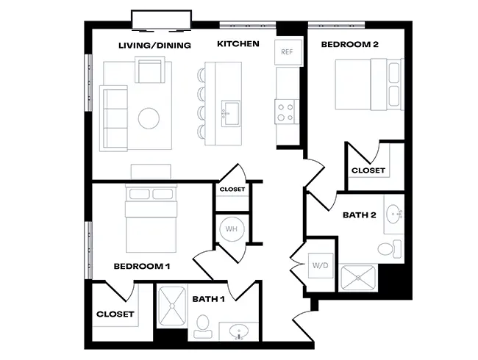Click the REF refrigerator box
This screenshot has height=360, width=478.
click(x=288, y=52)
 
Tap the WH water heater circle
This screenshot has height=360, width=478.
click(x=232, y=229)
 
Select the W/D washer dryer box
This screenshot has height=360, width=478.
click(x=321, y=265)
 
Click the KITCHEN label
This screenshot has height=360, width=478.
click(x=238, y=44)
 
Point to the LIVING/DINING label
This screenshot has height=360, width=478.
click(x=155, y=46)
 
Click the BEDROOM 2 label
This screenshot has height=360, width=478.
click(x=349, y=45)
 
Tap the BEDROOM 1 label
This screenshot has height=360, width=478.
click(x=142, y=267)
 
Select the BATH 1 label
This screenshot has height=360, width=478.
click(x=209, y=299)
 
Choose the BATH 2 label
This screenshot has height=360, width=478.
click(x=360, y=215)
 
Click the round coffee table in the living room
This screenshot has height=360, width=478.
click(x=149, y=118)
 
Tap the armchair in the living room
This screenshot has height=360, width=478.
click(x=150, y=70)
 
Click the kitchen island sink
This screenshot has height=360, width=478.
click(x=230, y=113)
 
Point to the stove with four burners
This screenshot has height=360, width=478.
click(x=286, y=112)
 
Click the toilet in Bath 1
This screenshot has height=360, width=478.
click(x=202, y=326)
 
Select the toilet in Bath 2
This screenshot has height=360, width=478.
click(x=389, y=249)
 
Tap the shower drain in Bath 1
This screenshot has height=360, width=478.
click(x=172, y=306)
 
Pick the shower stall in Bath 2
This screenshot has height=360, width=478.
click(x=358, y=278)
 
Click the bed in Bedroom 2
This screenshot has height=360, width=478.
click(x=369, y=84)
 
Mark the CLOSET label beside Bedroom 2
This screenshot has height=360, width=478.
click(x=368, y=170)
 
